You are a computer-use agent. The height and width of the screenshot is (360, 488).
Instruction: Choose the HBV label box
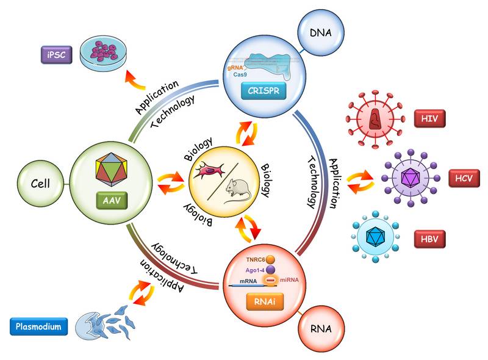429,239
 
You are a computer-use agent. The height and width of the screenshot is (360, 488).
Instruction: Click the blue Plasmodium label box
38,326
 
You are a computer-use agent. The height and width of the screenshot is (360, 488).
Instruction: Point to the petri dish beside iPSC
103,51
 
